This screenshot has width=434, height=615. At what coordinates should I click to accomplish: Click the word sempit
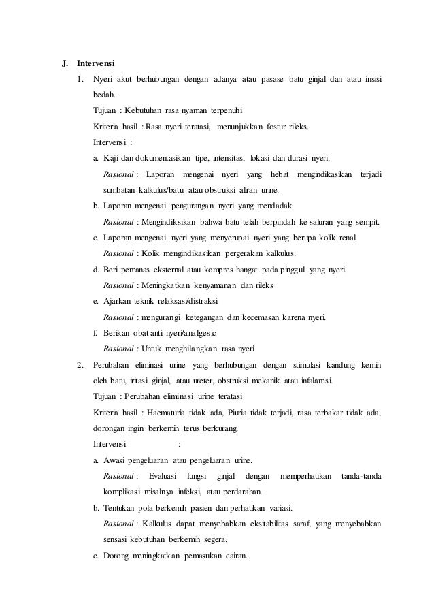(366, 221)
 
